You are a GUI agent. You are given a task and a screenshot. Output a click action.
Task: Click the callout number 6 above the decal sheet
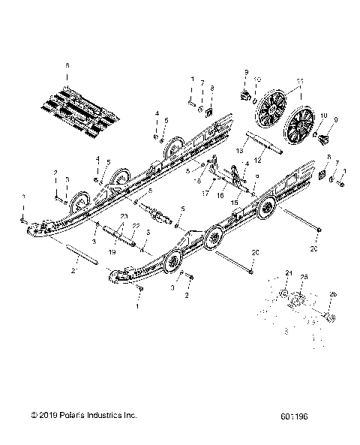67,66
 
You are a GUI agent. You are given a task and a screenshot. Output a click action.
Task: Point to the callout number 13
240,151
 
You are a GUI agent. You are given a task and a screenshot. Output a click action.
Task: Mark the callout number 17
204,194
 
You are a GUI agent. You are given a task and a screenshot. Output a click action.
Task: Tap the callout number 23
121,215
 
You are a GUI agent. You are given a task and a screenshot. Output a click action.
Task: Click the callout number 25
304,278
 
